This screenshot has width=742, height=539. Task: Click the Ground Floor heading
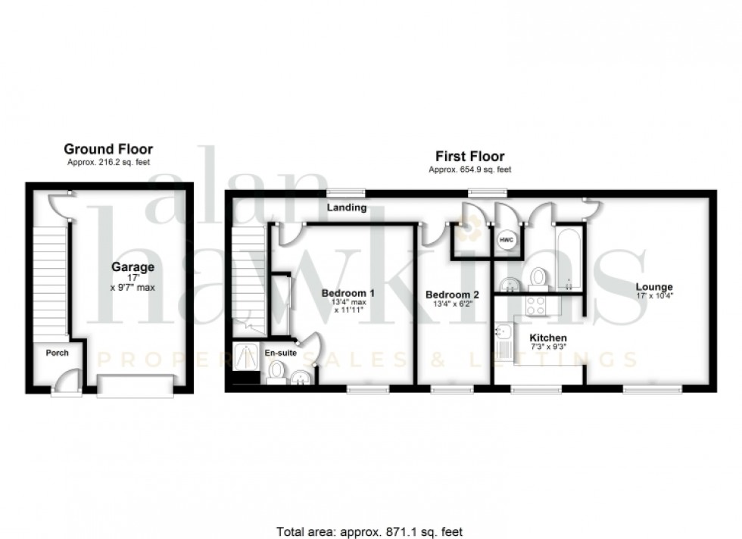108,149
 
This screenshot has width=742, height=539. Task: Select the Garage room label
133,266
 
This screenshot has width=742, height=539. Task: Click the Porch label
57,353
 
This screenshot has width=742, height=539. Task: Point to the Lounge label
654,286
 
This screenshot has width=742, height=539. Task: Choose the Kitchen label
548,338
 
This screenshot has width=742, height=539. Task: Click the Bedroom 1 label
348,293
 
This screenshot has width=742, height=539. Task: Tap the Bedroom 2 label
452,294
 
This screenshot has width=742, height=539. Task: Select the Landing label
347,207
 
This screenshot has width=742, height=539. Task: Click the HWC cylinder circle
506,240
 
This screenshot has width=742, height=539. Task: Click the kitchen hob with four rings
536,305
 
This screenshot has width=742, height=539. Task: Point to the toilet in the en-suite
277,371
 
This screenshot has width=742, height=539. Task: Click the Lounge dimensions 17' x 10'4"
654,296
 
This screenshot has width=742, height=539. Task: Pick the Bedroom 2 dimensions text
452,304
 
